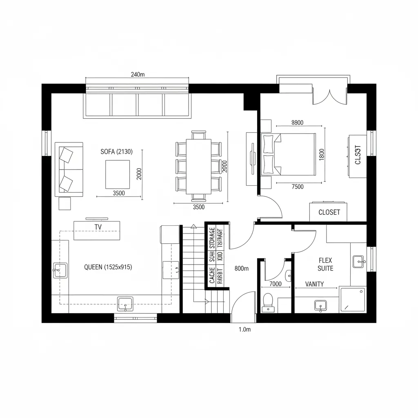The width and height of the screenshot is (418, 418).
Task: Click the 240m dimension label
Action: click(x=138, y=74)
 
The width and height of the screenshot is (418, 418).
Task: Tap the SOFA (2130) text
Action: click(x=116, y=152)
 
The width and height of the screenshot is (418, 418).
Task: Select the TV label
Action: click(x=98, y=227)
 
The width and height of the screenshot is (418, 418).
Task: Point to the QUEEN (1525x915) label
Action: click(x=108, y=267)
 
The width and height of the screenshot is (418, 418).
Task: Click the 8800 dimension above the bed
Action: click(x=298, y=122)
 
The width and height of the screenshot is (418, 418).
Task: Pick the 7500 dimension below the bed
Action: click(x=298, y=187)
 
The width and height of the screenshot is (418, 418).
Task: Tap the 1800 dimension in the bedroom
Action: click(x=321, y=154)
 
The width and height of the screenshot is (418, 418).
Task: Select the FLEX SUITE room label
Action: click(x=325, y=264)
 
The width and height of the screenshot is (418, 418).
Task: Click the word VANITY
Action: click(x=315, y=284)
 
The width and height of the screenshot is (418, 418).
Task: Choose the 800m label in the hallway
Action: click(x=242, y=269)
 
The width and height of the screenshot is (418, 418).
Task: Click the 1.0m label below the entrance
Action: click(x=244, y=329)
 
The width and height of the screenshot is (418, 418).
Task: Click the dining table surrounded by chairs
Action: click(x=198, y=166)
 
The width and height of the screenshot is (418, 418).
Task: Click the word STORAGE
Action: click(x=212, y=237)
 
